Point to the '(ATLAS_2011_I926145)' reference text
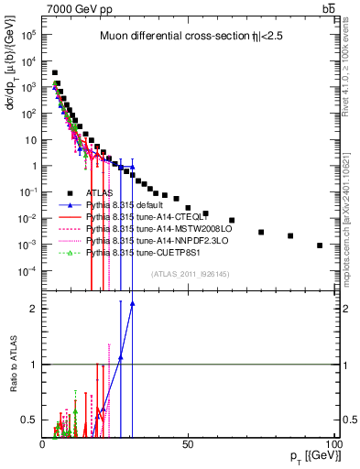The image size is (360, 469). (183, 273)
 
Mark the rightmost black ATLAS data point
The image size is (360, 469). (320, 245)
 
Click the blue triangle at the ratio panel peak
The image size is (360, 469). (133, 303)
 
